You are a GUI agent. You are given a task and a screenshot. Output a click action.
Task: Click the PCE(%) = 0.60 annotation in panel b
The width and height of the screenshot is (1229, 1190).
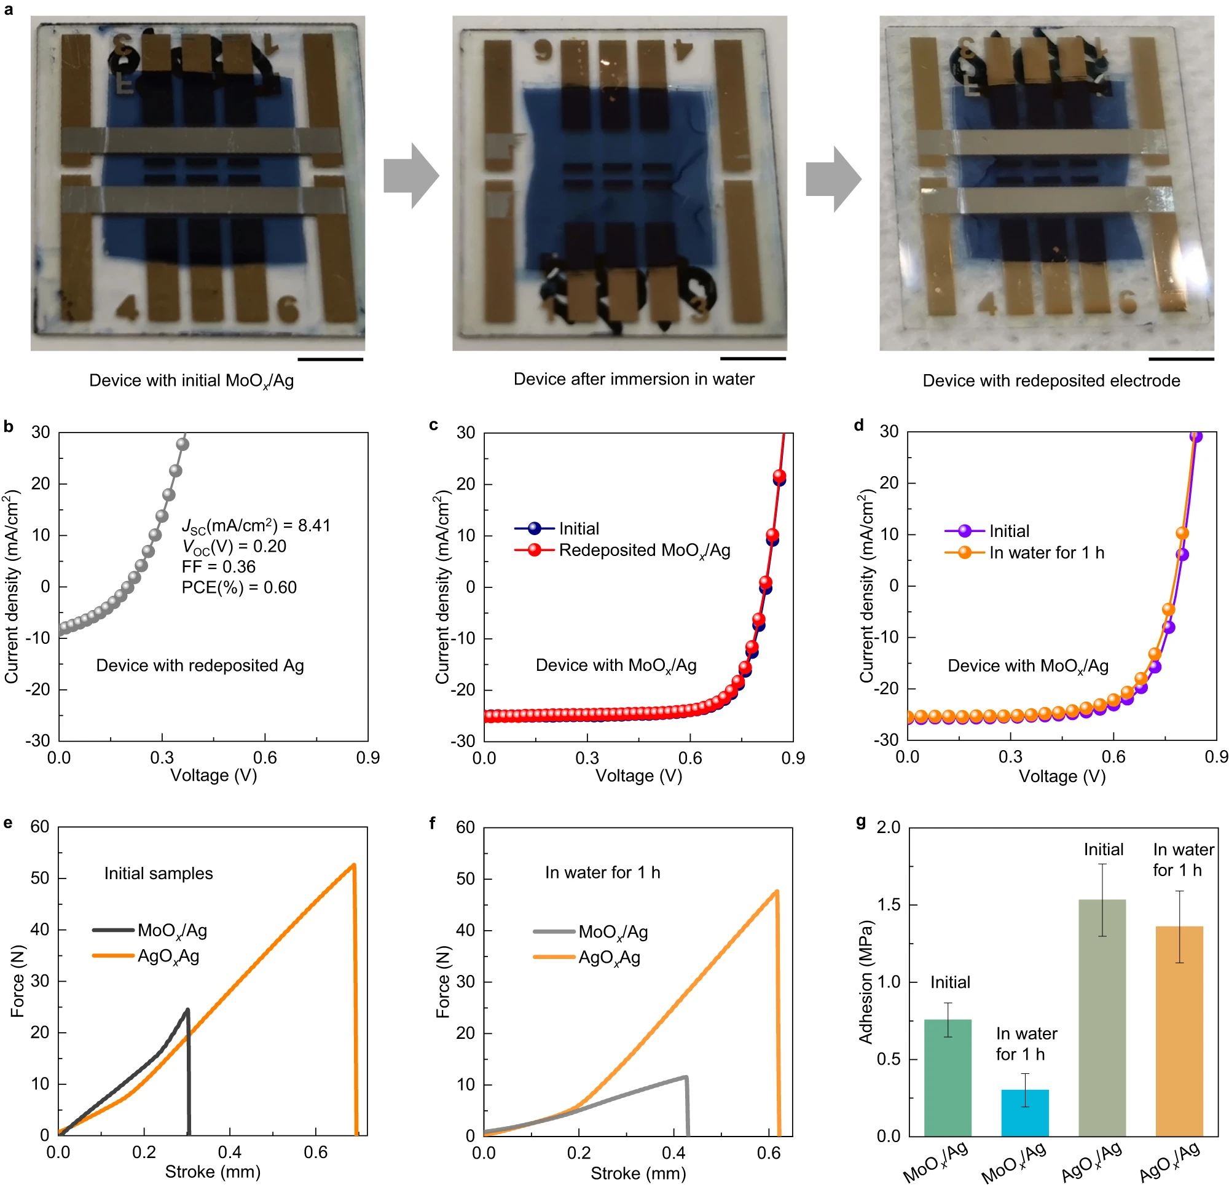(239, 587)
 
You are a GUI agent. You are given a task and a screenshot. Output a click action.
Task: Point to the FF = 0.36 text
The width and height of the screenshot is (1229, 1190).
(218, 567)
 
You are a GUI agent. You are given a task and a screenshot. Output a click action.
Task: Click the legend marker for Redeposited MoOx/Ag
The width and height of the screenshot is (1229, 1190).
(534, 550)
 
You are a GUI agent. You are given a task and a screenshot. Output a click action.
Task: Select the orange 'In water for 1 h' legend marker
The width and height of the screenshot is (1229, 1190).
(964, 552)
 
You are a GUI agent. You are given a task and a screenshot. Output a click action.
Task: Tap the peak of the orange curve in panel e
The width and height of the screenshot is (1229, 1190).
(354, 865)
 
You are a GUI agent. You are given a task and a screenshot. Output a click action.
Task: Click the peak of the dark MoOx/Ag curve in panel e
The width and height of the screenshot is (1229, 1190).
(187, 1010)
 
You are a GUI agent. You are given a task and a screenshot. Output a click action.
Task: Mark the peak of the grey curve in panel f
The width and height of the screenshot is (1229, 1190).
(686, 1077)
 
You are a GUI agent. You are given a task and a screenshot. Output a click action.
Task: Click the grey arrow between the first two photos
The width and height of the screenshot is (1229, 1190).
(411, 176)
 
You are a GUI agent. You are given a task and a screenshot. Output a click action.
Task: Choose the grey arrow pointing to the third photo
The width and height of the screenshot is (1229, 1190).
(833, 179)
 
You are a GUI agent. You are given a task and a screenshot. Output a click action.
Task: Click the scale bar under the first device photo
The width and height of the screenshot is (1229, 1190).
(331, 359)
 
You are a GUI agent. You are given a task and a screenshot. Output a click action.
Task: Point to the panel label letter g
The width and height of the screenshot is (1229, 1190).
(861, 822)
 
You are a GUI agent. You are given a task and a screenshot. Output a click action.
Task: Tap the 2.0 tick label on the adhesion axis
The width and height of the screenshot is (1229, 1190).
(888, 828)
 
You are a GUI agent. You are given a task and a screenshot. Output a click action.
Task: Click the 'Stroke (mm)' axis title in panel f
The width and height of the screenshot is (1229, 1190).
(638, 1173)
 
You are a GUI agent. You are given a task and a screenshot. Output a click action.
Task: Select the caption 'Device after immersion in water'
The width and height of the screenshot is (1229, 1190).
(634, 379)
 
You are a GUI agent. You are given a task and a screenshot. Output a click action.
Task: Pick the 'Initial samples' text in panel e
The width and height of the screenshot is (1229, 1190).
(158, 874)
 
